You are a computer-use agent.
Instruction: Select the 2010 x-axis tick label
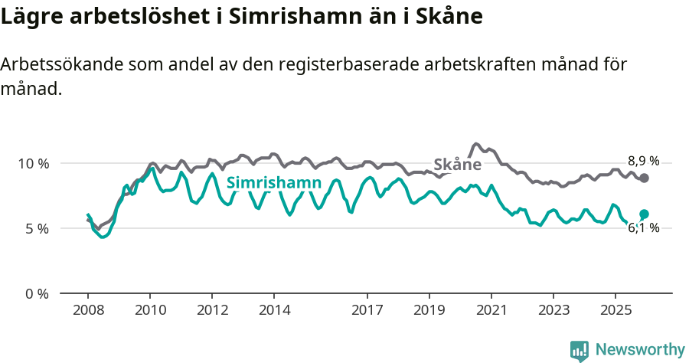coord(150,312)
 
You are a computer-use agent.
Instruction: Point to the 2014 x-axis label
coord(274,312)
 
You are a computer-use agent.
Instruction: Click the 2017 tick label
coord(367,312)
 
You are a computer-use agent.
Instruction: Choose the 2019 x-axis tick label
coord(429,312)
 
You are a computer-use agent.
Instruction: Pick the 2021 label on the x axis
coord(491,312)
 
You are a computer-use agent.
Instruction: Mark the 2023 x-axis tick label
coord(553,312)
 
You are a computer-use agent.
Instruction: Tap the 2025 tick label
coord(615,312)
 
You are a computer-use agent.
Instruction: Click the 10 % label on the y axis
coord(33,163)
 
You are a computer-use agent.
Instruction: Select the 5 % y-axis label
coord(36,228)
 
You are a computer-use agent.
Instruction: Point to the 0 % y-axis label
coord(36,293)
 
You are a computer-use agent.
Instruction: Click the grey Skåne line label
coord(457,165)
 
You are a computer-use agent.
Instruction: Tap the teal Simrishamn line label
coord(273,183)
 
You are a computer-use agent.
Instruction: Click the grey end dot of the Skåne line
coord(644,178)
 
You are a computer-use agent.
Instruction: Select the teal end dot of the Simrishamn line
coord(644,214)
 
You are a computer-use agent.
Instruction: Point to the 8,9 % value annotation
coord(643,161)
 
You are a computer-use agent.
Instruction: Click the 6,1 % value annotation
coord(643,227)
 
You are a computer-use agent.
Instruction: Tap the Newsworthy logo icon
coord(580,351)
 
